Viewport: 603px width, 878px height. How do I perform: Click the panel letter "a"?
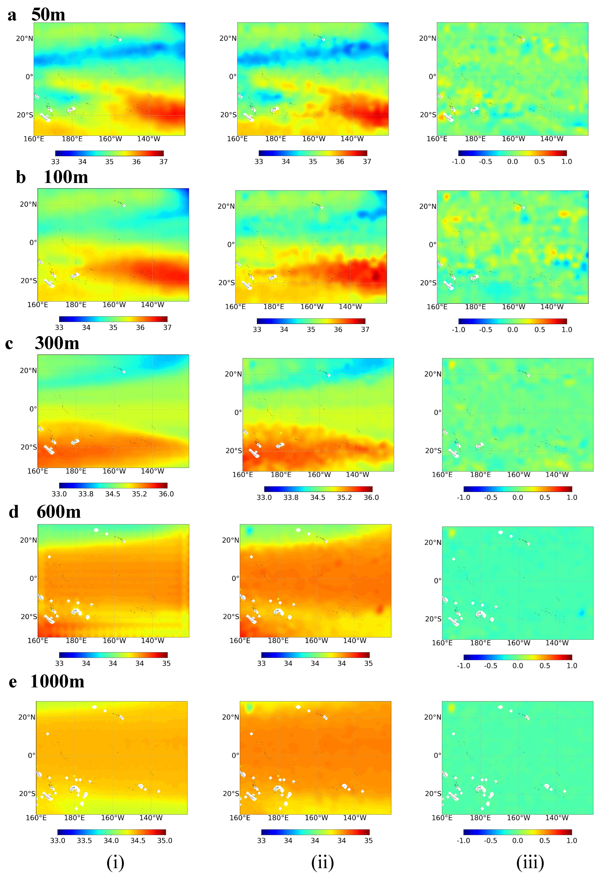[x=12, y=15]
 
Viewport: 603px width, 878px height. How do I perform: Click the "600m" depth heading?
[x=59, y=512]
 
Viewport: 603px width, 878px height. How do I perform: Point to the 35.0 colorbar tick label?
[x=165, y=841]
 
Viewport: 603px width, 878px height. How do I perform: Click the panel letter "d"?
[x=14, y=512]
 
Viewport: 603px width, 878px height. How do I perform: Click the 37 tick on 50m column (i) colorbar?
[x=163, y=162]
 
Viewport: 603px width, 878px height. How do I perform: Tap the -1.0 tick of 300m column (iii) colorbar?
[x=464, y=498]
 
